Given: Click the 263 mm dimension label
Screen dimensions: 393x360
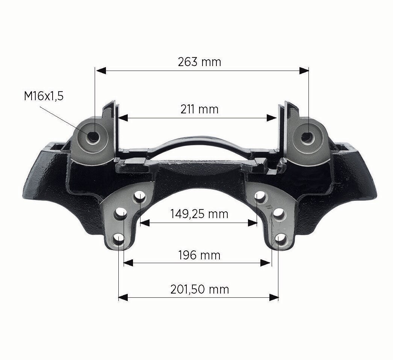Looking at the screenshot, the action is pos(200,62).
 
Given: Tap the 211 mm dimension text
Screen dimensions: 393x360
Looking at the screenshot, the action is pos(200,109).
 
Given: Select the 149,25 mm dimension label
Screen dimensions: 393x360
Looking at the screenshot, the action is pos(199,214).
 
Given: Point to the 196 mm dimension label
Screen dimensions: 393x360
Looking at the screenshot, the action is pos(199,255).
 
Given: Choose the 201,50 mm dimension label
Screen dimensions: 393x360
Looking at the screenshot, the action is pos(200,289).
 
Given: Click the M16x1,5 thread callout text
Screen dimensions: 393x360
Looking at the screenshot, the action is pos(44,96).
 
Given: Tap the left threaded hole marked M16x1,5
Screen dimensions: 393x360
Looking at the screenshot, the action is pos(94,136).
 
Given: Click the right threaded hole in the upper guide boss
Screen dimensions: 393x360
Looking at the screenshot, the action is pos(307,136).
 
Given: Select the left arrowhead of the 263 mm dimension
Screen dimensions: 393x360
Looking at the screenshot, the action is pos(101,71).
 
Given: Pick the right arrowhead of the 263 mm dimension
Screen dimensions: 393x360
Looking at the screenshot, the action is pos(304,71).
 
